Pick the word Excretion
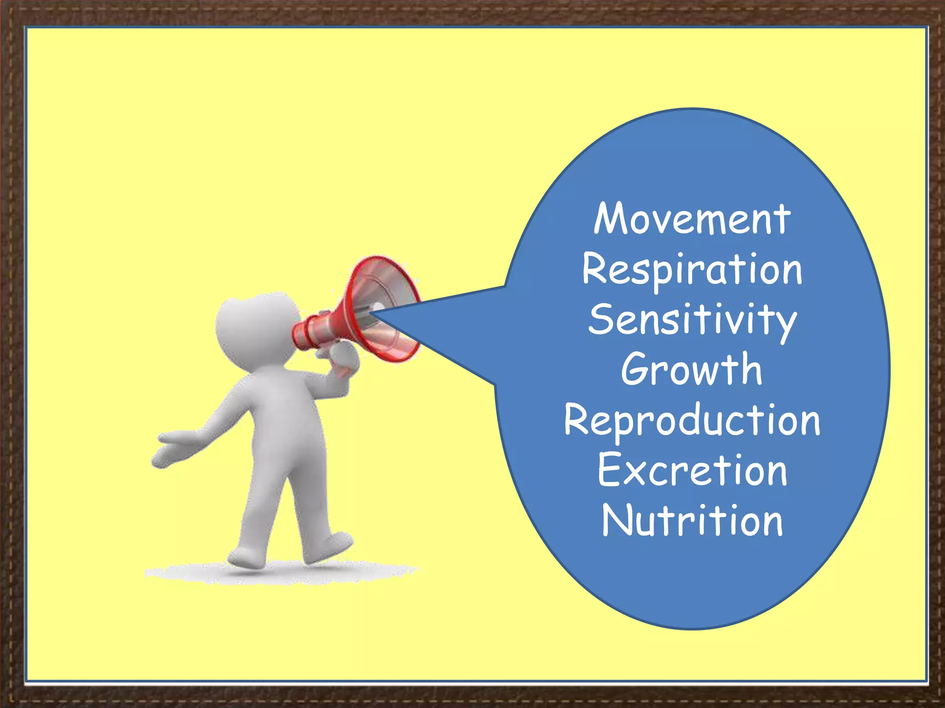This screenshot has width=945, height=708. coord(692,471)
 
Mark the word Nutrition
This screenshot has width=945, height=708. coord(692,520)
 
